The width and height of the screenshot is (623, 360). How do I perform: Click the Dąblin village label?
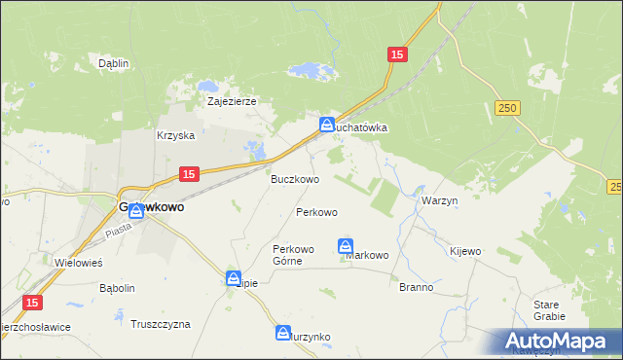(x=114, y=63)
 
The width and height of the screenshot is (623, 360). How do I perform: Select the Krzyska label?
(x=176, y=136)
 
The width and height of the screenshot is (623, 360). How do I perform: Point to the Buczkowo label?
(x=295, y=179)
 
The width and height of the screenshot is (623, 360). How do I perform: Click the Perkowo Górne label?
(x=293, y=255)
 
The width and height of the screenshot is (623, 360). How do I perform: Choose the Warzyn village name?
(x=440, y=199)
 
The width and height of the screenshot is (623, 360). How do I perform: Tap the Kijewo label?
(x=465, y=251)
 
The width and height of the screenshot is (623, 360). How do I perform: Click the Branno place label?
(x=416, y=288)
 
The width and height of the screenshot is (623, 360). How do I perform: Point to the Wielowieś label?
(x=79, y=263)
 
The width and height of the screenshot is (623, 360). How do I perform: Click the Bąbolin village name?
(x=117, y=289)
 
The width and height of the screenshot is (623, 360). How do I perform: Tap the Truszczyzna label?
(x=161, y=324)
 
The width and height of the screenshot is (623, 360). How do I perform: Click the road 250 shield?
(x=504, y=108)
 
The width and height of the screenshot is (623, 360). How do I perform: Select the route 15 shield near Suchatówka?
(x=395, y=55)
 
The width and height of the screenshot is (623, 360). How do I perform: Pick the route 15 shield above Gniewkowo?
(x=190, y=173)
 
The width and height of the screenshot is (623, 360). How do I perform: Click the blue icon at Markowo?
(x=346, y=246)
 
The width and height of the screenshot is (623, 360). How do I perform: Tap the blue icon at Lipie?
(x=234, y=277)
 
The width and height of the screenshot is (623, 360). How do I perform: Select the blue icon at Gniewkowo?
(x=135, y=211)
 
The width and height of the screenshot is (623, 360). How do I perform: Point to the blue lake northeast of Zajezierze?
(x=311, y=71)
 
